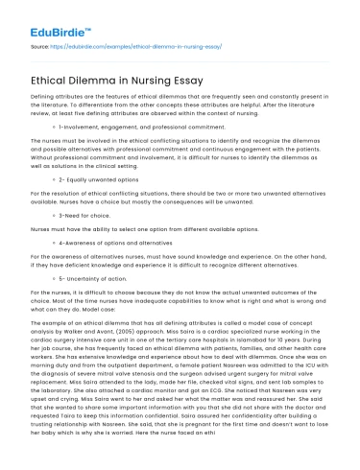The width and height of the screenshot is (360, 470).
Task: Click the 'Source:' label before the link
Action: [x=41, y=45]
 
